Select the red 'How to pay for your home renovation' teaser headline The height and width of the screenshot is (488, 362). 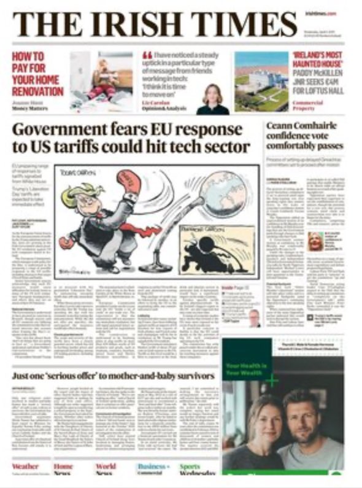click(x=37, y=73)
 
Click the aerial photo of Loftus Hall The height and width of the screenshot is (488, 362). click(x=261, y=83)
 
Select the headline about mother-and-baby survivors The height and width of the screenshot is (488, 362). click(x=114, y=374)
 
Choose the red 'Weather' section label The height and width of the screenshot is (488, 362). click(x=25, y=467)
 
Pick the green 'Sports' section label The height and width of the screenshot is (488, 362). click(x=190, y=467)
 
